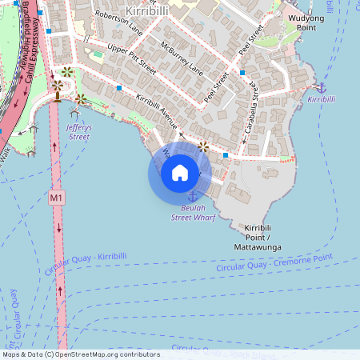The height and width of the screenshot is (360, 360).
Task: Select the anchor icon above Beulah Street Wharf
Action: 192,197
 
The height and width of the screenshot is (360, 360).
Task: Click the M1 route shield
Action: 56,197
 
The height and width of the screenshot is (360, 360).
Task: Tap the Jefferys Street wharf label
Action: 78,132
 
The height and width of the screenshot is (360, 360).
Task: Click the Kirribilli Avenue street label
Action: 158,111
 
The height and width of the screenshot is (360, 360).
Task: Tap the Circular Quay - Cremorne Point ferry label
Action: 274,263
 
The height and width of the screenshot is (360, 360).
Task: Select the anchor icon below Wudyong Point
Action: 322,86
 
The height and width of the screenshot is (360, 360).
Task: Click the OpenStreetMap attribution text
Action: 80,354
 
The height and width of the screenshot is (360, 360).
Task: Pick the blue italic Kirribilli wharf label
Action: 322,98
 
